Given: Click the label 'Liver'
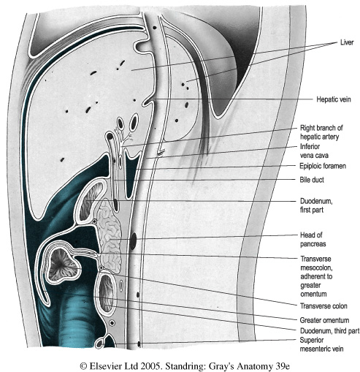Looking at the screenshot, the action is [x=347, y=42].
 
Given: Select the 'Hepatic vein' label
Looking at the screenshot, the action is [x=334, y=99].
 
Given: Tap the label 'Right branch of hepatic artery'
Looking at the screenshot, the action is [x=321, y=132].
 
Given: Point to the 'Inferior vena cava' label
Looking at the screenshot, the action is [x=314, y=151].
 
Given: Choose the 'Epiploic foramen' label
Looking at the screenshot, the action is [x=323, y=166].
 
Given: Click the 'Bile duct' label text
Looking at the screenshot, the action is [x=312, y=180].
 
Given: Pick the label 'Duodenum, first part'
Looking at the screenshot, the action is [x=316, y=205].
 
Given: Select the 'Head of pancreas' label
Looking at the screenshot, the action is [x=313, y=240].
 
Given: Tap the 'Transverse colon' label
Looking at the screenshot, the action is [x=323, y=306].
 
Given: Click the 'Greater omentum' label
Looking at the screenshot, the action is [x=324, y=320].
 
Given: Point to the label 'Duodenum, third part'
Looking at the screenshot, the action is [x=329, y=331].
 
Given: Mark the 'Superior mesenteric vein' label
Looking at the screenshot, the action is [x=321, y=344].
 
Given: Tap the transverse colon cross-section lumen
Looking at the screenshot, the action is [x=62, y=265].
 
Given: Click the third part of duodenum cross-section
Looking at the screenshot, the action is [x=107, y=293].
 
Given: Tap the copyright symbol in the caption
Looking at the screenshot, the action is [x=83, y=366].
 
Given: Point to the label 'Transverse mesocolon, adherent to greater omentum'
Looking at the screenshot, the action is [x=316, y=276].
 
